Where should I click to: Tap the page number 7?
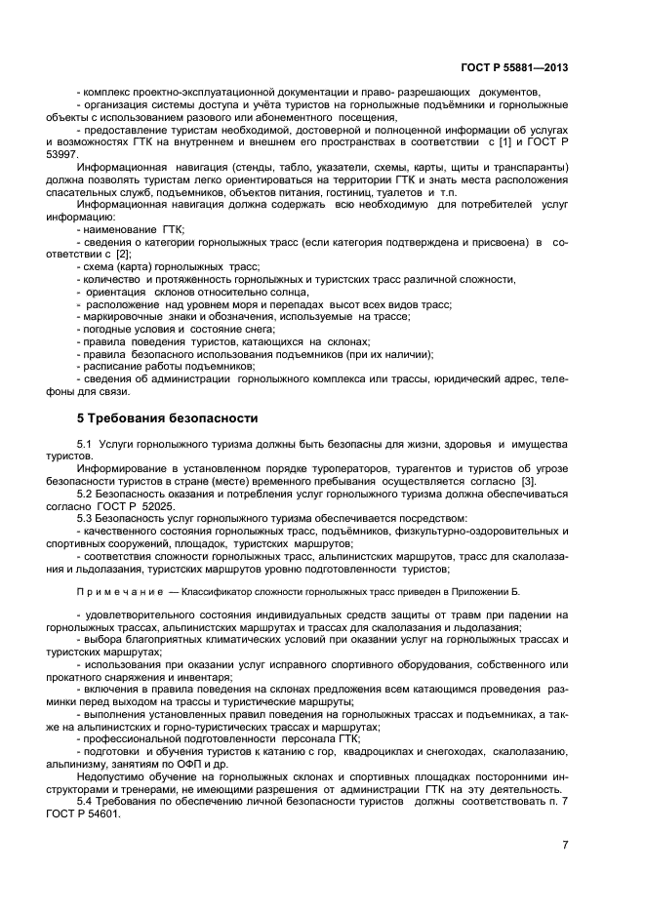click(x=565, y=845)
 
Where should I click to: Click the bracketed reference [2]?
click(x=122, y=253)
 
